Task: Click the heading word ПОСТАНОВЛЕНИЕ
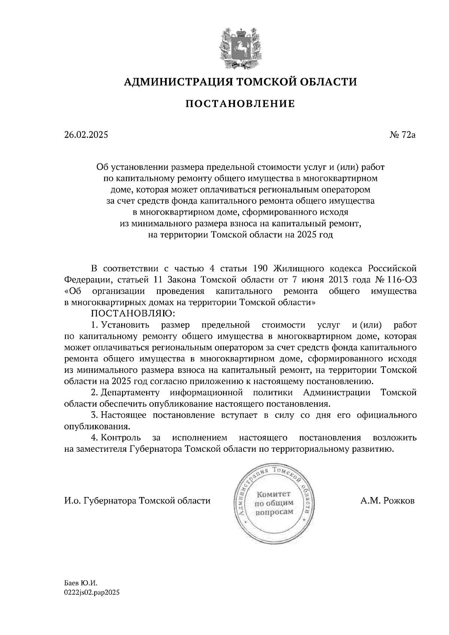[x=240, y=104]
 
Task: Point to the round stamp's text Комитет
[x=274, y=494]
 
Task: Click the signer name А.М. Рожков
[x=387, y=501]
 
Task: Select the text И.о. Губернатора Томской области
[x=137, y=501]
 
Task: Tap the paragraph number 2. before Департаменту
[x=94, y=393]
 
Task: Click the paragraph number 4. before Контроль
[x=94, y=438]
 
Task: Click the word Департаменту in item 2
[x=130, y=393]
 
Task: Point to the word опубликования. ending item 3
[x=97, y=426]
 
